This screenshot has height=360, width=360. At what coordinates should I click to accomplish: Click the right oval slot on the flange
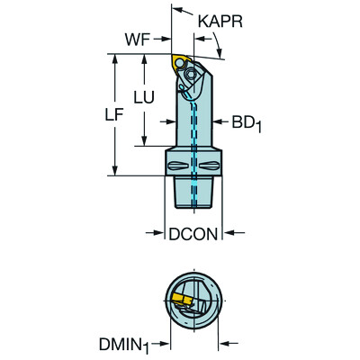[x=208, y=164]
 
